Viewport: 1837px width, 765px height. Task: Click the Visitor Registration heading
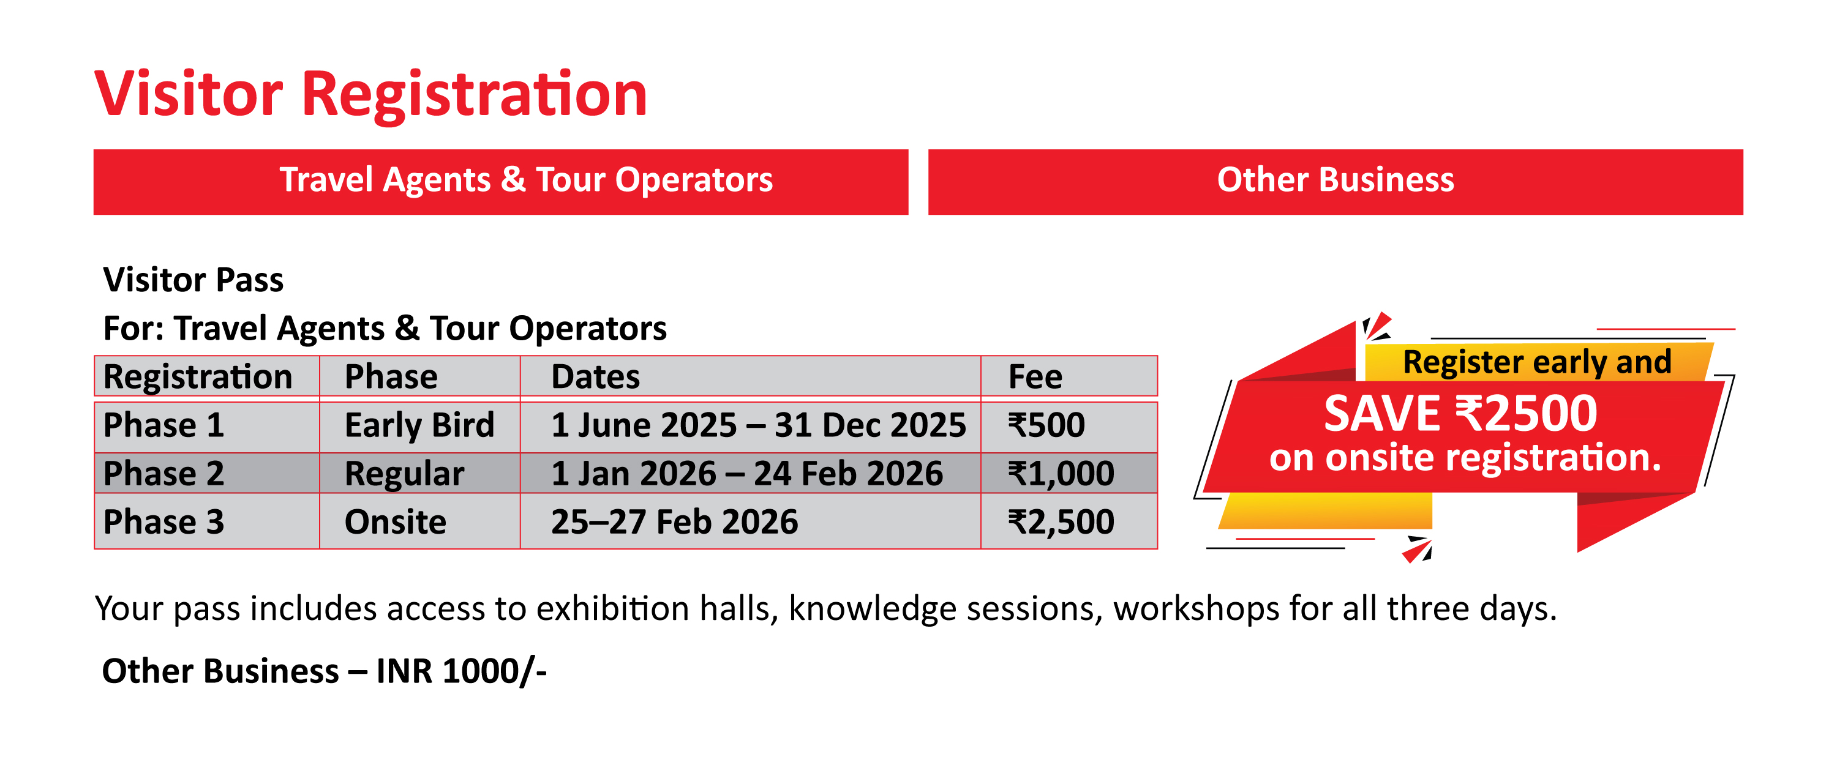(371, 94)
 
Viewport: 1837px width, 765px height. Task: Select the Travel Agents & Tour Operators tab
(501, 182)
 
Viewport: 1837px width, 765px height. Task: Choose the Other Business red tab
(1335, 182)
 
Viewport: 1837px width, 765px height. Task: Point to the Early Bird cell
(419, 425)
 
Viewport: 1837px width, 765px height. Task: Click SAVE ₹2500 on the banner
(1460, 414)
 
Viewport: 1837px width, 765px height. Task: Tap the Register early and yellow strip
(1537, 362)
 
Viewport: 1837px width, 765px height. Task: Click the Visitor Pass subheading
(193, 280)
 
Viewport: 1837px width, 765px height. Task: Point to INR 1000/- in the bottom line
(461, 671)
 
